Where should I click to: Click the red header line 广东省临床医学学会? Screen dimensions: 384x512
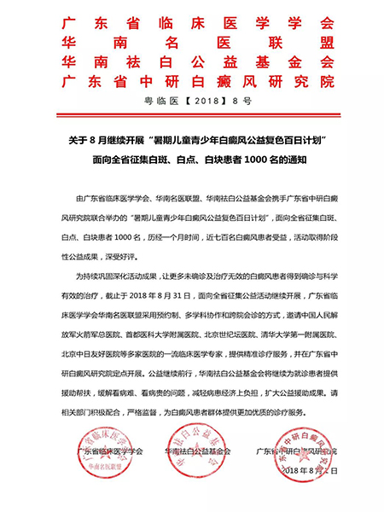pos(192,20)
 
